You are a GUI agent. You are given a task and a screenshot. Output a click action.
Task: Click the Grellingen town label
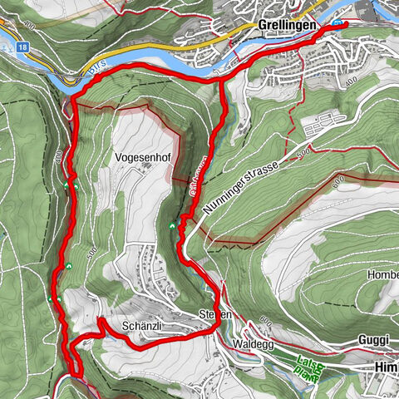click(287, 26)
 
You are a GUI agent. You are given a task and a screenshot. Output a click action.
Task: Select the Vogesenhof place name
click(145, 155)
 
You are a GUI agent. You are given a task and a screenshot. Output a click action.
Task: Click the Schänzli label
click(139, 326)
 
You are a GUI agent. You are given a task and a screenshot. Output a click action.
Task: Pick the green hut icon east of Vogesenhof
click(172, 226)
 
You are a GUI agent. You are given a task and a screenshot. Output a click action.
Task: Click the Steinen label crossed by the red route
click(212, 315)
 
